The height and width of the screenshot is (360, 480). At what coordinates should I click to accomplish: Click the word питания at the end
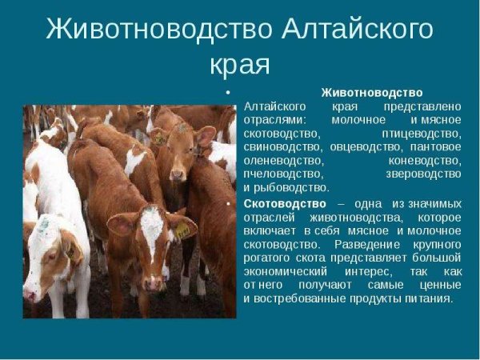click(431, 298)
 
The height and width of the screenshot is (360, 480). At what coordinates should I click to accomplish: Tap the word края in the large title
click(239, 64)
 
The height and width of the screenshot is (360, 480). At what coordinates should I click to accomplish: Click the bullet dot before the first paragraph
click(228, 93)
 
